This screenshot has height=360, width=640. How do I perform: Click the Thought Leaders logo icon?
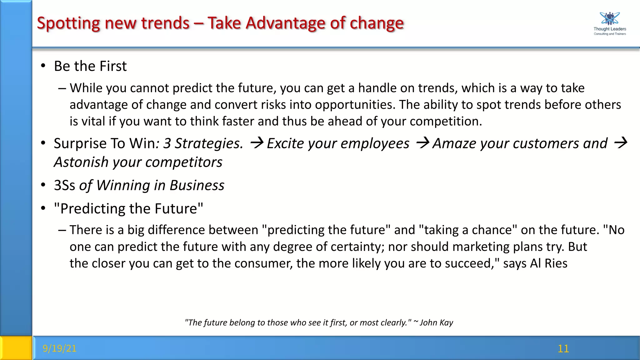[609, 18]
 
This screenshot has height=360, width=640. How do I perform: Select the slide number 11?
[563, 348]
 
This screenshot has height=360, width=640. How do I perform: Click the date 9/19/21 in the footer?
[59, 348]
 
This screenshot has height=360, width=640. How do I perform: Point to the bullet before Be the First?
[43, 66]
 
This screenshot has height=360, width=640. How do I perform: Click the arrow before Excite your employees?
[257, 143]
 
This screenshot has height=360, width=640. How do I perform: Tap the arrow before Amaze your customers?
[423, 143]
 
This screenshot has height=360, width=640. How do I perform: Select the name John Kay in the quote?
[436, 322]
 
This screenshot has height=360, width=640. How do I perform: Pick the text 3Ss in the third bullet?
[64, 185]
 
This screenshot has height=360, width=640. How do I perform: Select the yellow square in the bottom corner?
[16, 348]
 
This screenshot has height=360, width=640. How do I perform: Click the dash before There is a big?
[62, 230]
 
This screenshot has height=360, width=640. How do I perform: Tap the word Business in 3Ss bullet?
[197, 185]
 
